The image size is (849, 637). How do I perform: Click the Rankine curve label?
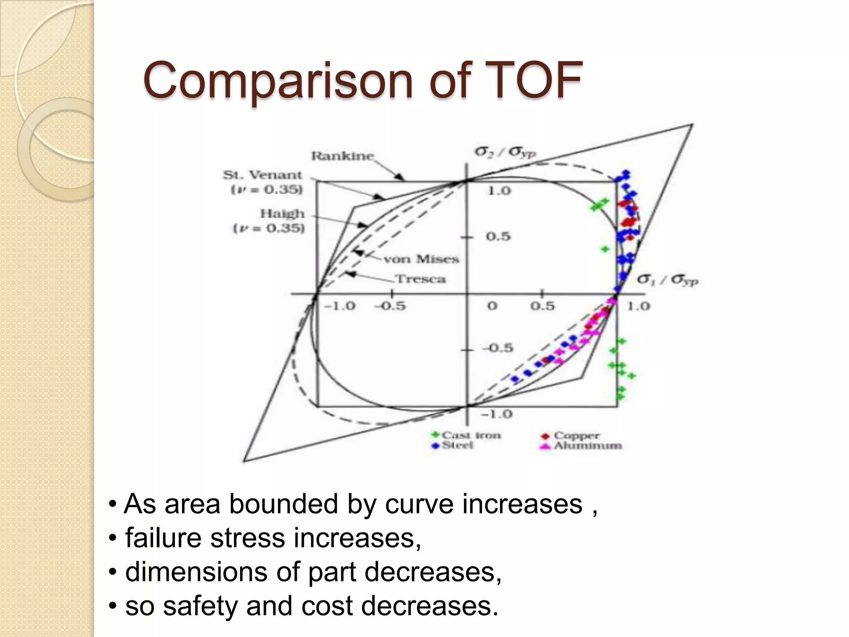coord(342,156)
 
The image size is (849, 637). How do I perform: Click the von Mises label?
coord(421,259)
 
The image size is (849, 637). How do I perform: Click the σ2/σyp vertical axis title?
coord(505,152)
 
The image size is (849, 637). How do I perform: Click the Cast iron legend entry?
coord(466,435)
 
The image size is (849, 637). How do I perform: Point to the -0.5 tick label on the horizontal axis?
coord(390,306)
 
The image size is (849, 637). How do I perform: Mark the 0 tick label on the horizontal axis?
coord(492,306)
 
